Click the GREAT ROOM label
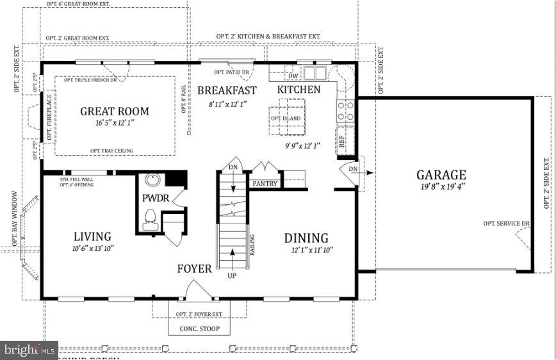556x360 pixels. coord(114,111)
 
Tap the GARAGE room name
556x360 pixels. coord(441,175)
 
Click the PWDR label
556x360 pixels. coord(155,199)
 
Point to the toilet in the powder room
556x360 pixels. coord(151,218)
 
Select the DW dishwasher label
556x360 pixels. coord(293,78)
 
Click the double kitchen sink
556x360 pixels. coord(315,72)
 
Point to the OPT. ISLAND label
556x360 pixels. coord(285,119)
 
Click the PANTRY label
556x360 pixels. coord(265,184)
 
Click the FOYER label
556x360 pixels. coord(194,269)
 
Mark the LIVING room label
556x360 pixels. coord(92,237)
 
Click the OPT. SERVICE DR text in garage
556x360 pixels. coord(506,223)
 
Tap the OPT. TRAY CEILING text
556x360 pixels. coord(111,151)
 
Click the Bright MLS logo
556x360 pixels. coord(29,350)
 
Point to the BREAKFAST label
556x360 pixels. coord(227,91)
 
